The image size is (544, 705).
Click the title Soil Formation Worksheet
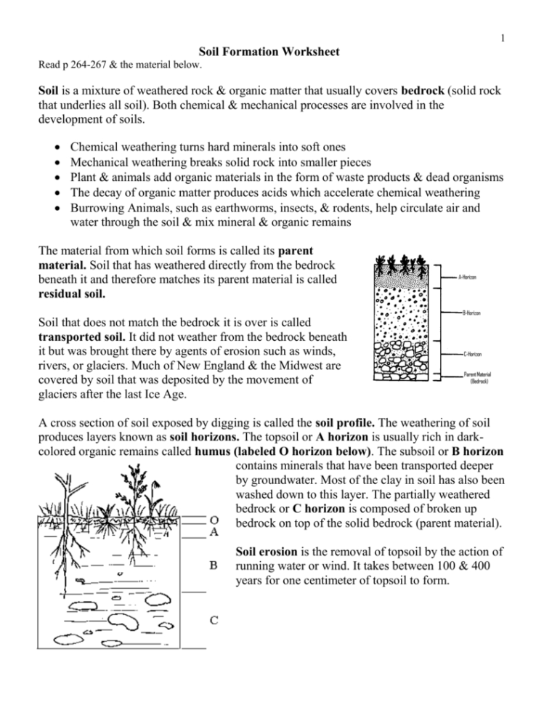[x=272, y=52]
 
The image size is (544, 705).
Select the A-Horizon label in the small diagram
[x=468, y=277]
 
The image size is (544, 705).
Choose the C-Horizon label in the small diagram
[x=472, y=354]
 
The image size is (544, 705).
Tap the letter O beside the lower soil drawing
[x=214, y=520]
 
